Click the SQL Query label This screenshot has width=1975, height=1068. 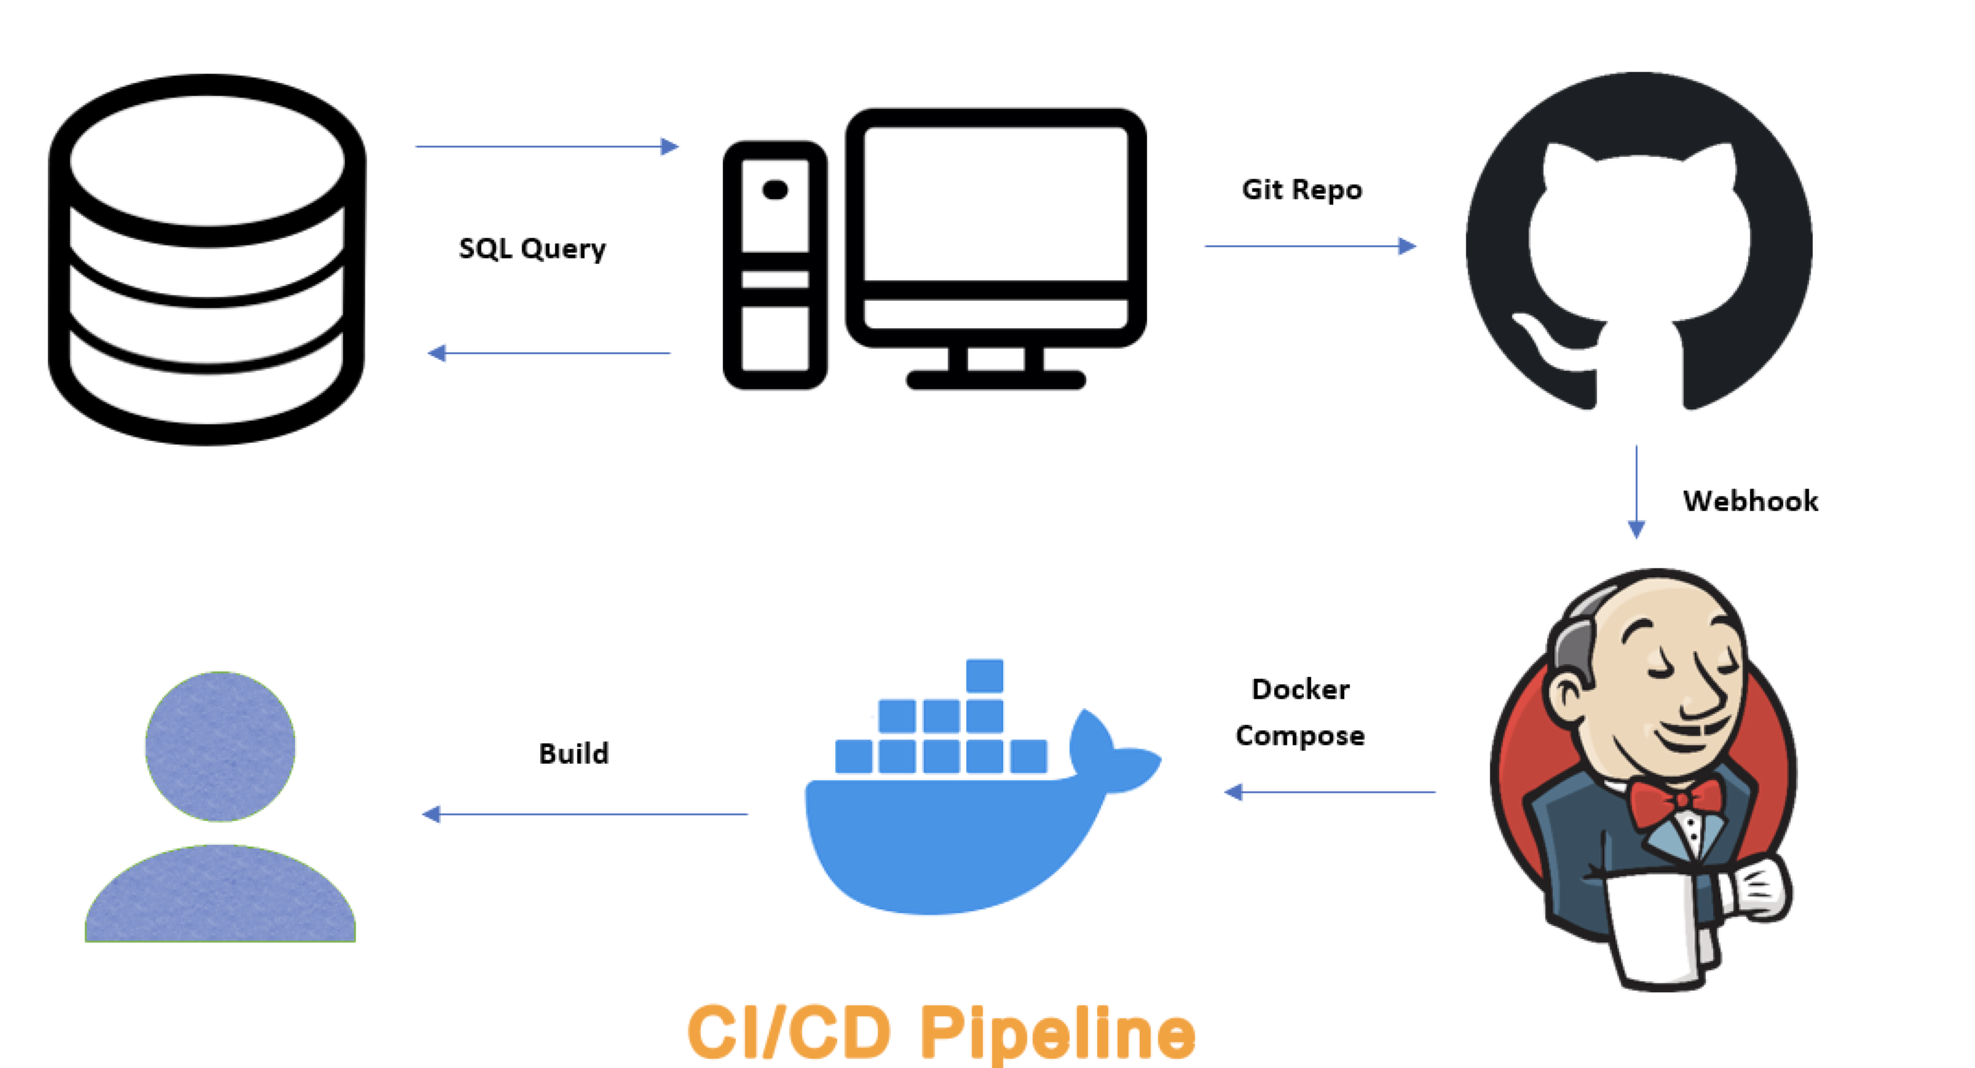coord(532,248)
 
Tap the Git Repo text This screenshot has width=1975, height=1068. coord(1301,189)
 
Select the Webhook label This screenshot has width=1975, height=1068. coord(1750,501)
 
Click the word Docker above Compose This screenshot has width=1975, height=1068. coord(1300,689)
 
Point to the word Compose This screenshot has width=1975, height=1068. coord(1300,735)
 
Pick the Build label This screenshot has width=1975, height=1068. coord(574,754)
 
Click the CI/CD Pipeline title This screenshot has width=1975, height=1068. coord(941,1032)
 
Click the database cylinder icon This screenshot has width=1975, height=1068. coord(207,259)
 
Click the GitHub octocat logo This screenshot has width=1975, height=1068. coord(1638,242)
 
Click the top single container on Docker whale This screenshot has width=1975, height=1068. coord(985,675)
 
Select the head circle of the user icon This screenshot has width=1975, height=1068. coord(220,746)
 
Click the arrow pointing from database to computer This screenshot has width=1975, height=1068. coord(547,147)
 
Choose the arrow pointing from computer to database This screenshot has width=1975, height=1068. coord(550,353)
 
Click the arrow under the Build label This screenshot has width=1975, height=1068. coord(585,814)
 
